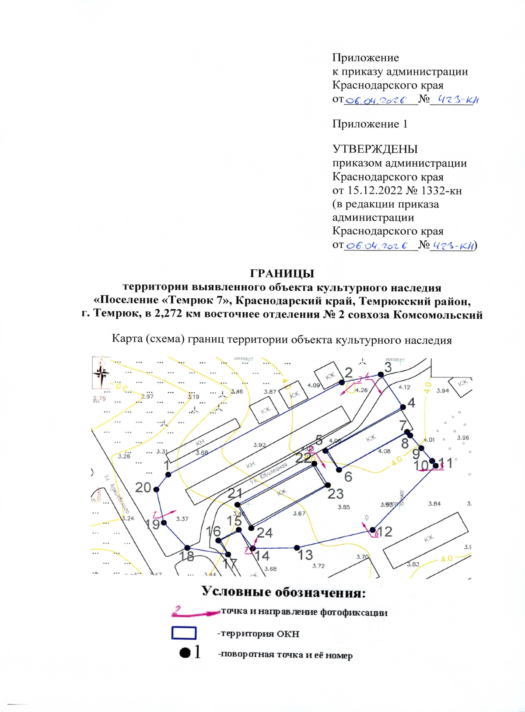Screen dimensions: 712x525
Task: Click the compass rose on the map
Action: pyautogui.click(x=101, y=374)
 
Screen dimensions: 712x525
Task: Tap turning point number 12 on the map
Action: pyautogui.click(x=374, y=530)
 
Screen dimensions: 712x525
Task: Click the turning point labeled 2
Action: pyautogui.click(x=342, y=382)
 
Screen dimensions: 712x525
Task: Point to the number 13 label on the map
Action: pyautogui.click(x=305, y=555)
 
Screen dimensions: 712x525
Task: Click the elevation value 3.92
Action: pyautogui.click(x=259, y=445)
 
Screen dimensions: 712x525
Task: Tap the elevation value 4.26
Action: pyautogui.click(x=361, y=390)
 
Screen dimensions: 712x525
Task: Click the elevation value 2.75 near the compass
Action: pyautogui.click(x=99, y=398)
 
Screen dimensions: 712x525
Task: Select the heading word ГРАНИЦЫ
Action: pyautogui.click(x=282, y=274)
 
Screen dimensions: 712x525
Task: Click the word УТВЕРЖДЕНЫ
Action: pyautogui.click(x=375, y=149)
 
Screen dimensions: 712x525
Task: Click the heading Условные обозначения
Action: pyautogui.click(x=283, y=592)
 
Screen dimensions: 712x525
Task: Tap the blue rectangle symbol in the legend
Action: pyautogui.click(x=184, y=633)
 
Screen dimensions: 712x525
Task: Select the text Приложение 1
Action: pyautogui.click(x=370, y=124)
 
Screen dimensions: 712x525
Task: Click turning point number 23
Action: pyautogui.click(x=328, y=485)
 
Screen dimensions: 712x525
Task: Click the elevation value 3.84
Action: pyautogui.click(x=434, y=504)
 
